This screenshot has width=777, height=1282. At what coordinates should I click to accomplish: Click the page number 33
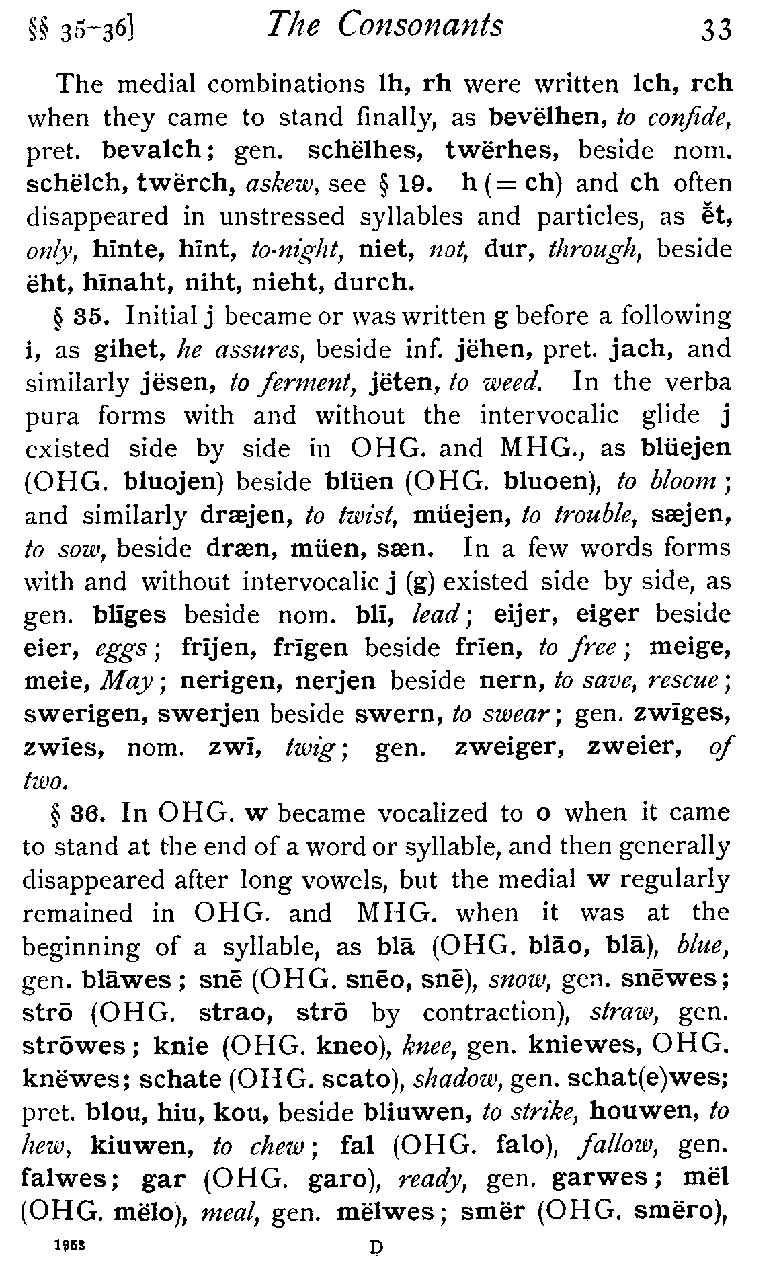pyautogui.click(x=714, y=30)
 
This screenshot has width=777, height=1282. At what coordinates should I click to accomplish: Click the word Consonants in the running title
pyautogui.click(x=421, y=27)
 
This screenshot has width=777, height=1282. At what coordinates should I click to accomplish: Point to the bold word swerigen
pyautogui.click(x=83, y=714)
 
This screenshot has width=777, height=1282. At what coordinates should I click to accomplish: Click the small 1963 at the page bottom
pyautogui.click(x=70, y=1244)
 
